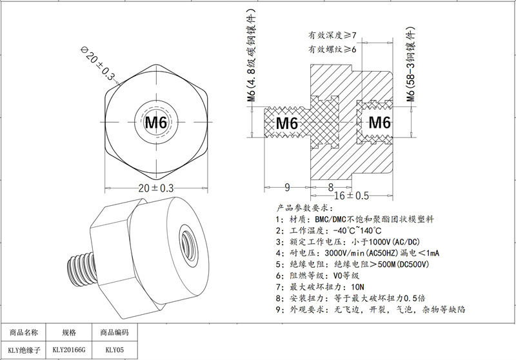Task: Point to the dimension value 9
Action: coord(287,188)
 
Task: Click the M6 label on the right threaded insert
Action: coord(379,123)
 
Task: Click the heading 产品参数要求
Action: coord(304,208)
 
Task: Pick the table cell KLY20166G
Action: coord(69,352)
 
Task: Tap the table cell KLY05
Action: coord(115,352)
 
